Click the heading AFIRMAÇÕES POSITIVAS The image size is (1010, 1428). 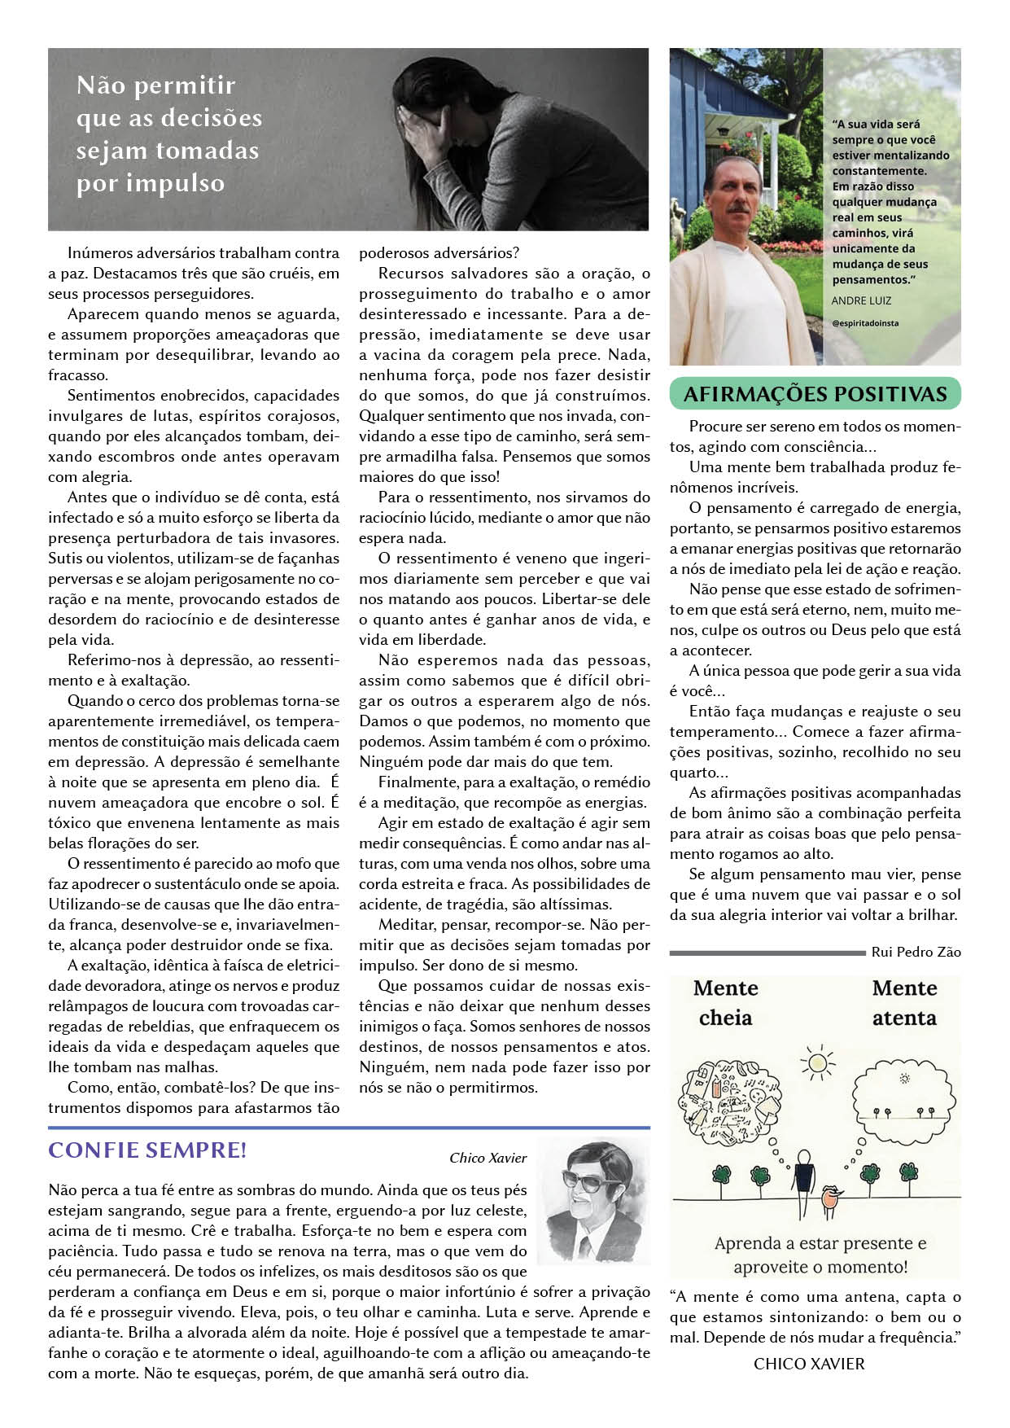coord(815,394)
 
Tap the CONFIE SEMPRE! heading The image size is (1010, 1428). coord(147,1150)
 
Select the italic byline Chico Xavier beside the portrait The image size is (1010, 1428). coord(488,1158)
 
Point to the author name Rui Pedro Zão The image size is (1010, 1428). coord(916,952)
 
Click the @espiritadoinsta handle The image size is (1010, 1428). coord(865,323)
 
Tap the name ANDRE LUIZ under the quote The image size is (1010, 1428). coord(861,300)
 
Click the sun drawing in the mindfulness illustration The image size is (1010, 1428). coord(817,1062)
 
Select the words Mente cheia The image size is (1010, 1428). coord(725,1003)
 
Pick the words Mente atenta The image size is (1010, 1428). coord(904,1003)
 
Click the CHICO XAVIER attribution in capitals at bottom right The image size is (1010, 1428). coord(809,1364)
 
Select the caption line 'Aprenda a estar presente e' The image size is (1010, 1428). coord(820,1243)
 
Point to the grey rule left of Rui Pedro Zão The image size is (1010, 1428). coord(767,953)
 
